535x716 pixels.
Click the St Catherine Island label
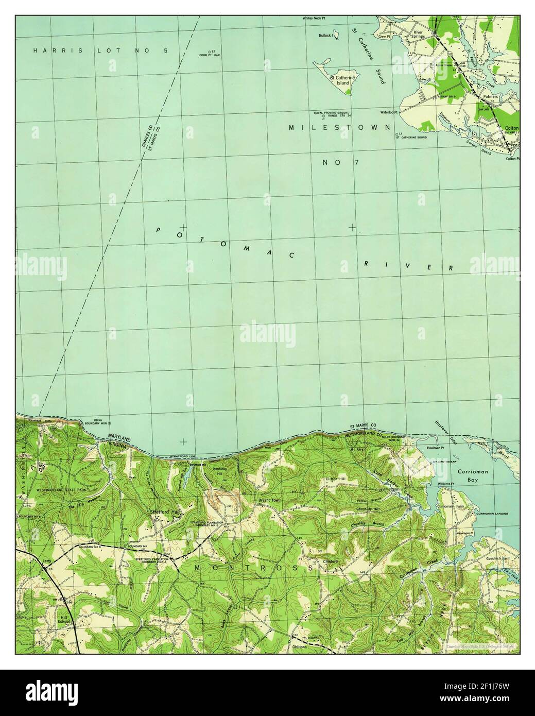339,80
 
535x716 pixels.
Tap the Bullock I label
325,36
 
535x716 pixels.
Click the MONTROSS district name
255,567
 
